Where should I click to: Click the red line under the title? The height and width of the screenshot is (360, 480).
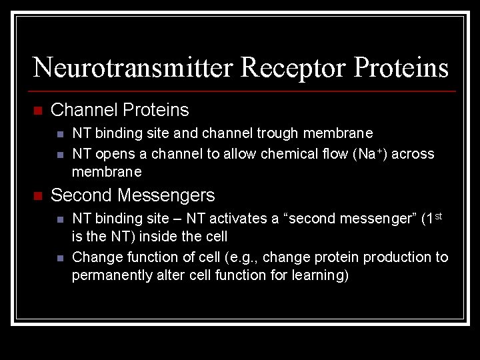(x=243, y=91)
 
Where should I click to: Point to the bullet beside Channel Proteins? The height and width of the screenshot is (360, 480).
(x=37, y=111)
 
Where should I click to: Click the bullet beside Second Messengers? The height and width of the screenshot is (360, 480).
(x=37, y=196)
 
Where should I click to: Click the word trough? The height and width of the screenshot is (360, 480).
(x=281, y=134)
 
